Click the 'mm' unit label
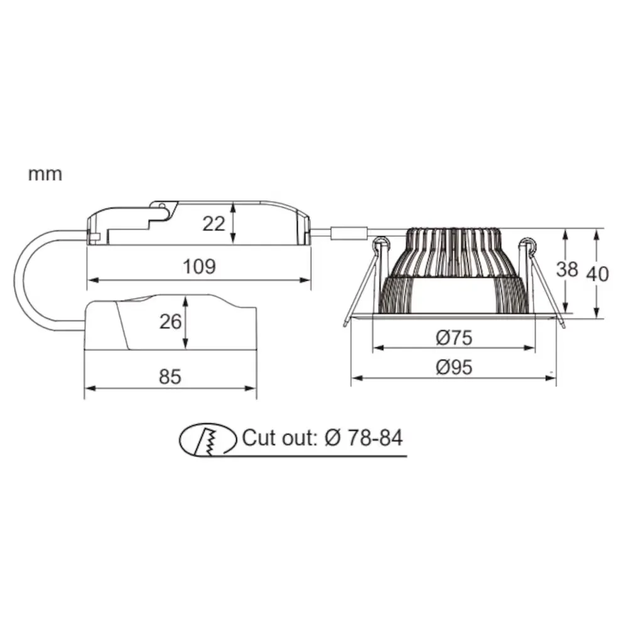(x=45, y=175)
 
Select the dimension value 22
(x=214, y=224)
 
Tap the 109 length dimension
(x=199, y=266)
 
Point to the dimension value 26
(x=170, y=322)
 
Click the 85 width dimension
(x=170, y=377)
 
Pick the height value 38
(x=566, y=269)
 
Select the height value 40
(x=598, y=274)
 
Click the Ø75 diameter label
(x=454, y=338)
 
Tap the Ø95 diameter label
(x=454, y=367)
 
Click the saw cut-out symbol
(x=208, y=440)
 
